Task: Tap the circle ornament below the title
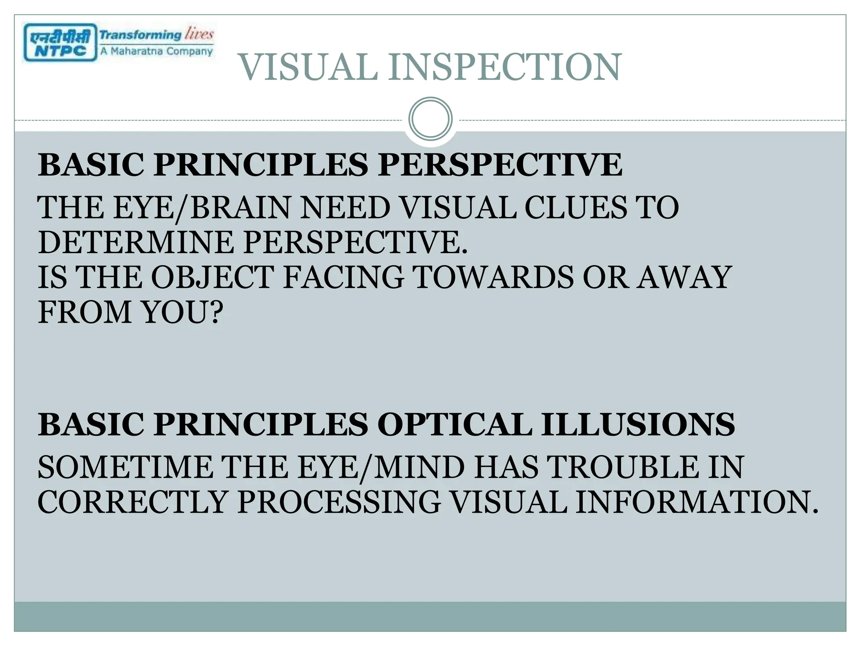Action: point(430,119)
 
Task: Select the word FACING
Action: point(343,277)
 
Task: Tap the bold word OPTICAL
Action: point(454,424)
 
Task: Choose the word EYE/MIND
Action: point(377,467)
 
